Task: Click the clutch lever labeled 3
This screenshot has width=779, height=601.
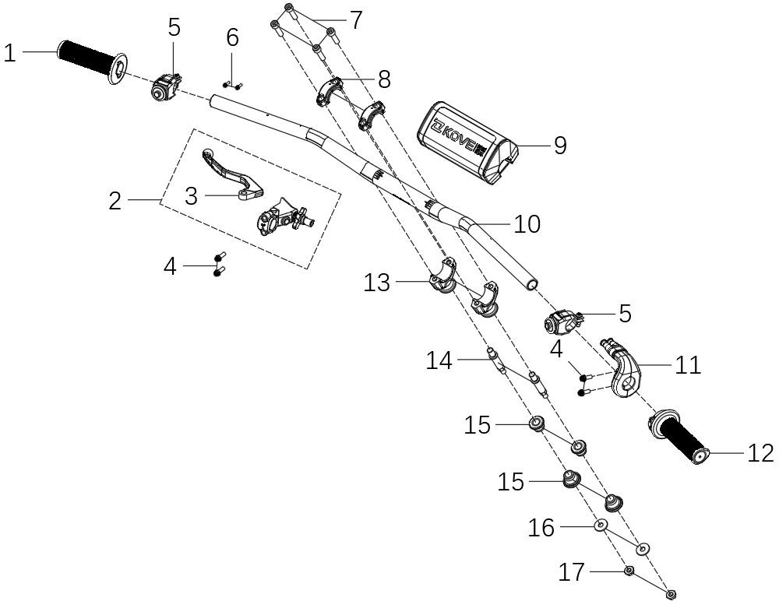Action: [231, 176]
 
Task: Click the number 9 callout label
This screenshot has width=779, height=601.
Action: [559, 146]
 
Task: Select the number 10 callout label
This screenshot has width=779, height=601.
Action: [527, 224]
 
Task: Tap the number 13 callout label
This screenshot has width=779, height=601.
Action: [377, 283]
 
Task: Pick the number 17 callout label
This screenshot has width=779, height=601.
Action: [572, 573]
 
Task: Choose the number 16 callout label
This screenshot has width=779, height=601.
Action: [541, 529]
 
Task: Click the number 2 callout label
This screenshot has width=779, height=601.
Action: [115, 202]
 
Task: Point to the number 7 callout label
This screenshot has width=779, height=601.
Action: [355, 20]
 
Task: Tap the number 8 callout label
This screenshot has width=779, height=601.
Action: [384, 79]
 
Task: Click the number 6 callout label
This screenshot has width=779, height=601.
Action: [232, 37]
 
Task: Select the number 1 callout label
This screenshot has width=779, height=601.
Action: [10, 53]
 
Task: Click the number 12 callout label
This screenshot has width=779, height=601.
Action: [760, 453]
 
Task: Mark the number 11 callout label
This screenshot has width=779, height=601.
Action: [688, 364]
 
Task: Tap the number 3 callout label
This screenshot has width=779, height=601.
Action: [192, 196]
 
